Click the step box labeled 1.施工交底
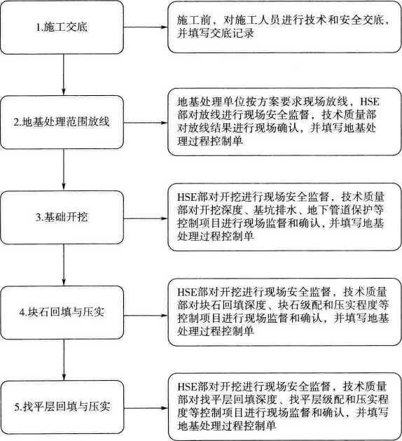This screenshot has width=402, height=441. coord(62,27)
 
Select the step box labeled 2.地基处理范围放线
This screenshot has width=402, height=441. coord(62,122)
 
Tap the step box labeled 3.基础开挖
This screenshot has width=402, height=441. coord(62,218)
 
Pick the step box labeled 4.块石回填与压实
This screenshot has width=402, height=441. coord(62,312)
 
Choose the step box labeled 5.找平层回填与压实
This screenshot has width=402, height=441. coord(62,407)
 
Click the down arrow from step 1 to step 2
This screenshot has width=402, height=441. coord(64,75)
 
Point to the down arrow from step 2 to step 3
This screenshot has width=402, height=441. coord(64,170)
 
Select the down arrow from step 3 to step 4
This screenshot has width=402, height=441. coord(64,265)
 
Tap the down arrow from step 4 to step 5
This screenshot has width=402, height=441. coord(64,360)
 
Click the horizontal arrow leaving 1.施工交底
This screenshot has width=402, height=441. coord(146,27)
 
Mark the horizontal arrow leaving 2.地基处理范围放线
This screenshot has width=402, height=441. coord(146,122)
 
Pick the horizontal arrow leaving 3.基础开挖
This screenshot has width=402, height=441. coord(146,218)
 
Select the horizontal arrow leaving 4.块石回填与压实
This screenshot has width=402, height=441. coord(146,316)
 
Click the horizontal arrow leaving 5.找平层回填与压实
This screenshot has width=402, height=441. coord(146,408)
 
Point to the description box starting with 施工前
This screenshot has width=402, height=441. coord(284,27)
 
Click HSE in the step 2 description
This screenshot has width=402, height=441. coord(370,101)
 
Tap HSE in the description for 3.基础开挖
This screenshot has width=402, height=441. coord(187,197)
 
